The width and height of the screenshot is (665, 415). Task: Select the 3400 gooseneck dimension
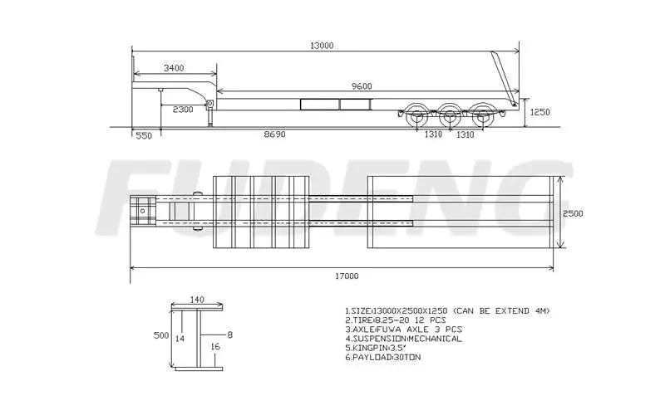pyautogui.click(x=174, y=68)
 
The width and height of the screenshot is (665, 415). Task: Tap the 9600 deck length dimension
pyautogui.click(x=361, y=85)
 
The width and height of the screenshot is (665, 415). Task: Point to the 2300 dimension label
pyautogui.click(x=183, y=110)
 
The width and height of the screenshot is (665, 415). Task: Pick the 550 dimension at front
pyautogui.click(x=143, y=134)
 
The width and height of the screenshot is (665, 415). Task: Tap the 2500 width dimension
pyautogui.click(x=572, y=213)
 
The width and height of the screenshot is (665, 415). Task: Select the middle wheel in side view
pyautogui.click(x=449, y=116)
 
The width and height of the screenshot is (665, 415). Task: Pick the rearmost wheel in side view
pyautogui.click(x=482, y=116)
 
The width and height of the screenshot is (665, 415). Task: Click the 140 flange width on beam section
pyautogui.click(x=197, y=300)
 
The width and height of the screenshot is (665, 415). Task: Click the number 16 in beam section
pyautogui.click(x=215, y=347)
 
